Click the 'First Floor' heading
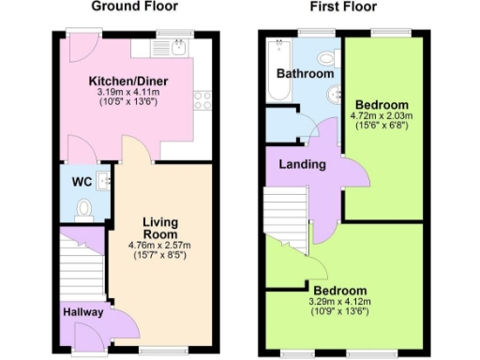click(x=344, y=7)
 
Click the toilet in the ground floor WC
click(x=84, y=209)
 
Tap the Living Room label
click(x=160, y=228)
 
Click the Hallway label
click(x=82, y=312)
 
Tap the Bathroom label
click(x=305, y=74)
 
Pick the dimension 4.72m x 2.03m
click(x=382, y=116)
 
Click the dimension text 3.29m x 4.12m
click(x=339, y=302)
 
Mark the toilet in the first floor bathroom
click(x=324, y=53)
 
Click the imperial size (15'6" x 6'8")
click(x=382, y=127)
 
